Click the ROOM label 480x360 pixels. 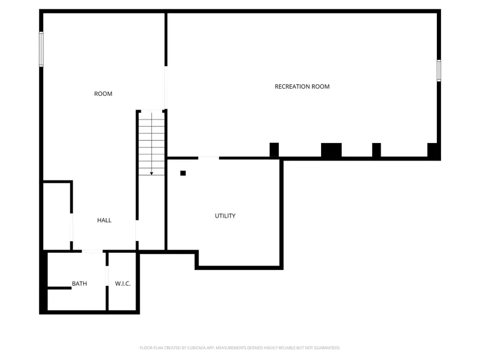103,94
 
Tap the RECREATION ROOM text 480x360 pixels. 302,86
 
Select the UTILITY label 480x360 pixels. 225,216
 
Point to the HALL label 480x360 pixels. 104,220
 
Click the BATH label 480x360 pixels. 79,284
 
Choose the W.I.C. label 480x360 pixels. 123,284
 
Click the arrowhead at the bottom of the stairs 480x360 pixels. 152,173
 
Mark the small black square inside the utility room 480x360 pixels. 183,173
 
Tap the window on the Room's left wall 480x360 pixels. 41,49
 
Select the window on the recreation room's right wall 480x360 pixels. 439,70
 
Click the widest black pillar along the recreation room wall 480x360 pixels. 331,150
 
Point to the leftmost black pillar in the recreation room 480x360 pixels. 274,150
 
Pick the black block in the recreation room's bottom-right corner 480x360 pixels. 434,151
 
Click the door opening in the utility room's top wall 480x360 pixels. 209,157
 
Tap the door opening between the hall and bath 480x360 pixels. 92,251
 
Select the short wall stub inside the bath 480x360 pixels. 60,288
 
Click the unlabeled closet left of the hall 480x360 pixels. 57,216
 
